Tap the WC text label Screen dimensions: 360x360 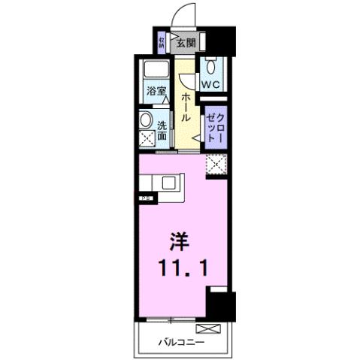click(209, 84)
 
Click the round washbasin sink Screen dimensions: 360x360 click(146, 120)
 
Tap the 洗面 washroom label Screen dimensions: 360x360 click(162, 131)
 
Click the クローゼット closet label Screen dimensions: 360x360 click(216, 125)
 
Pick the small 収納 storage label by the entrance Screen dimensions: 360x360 click(162, 41)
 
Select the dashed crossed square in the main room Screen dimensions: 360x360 click(216, 163)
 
